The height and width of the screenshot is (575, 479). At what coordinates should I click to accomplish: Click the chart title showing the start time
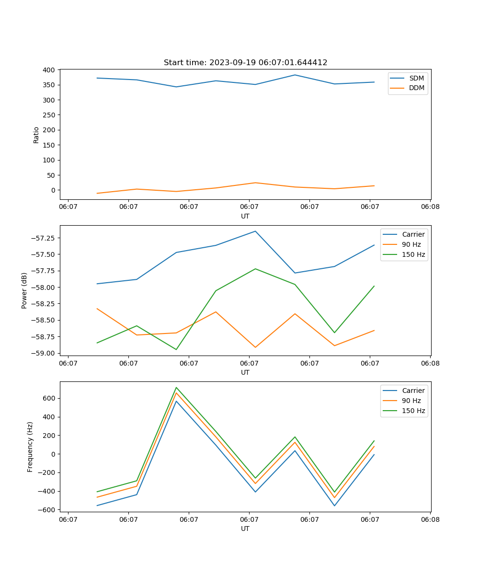[x=245, y=63]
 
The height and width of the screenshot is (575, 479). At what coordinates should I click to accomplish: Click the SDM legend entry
[x=416, y=78]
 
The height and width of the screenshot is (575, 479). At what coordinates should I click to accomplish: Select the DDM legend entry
[x=416, y=88]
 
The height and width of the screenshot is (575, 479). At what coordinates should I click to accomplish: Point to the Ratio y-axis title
[x=36, y=135]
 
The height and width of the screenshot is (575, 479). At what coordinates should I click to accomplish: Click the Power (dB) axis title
[x=24, y=290]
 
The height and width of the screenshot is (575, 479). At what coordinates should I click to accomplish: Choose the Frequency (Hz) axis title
[x=30, y=447]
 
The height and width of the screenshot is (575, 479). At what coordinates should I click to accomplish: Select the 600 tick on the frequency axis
[x=49, y=398]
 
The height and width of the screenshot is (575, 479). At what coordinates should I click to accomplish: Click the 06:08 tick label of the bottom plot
[x=430, y=519]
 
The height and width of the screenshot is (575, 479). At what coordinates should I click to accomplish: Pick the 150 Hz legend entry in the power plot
[x=413, y=254]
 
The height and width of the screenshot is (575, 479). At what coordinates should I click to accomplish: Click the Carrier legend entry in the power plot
[x=413, y=234]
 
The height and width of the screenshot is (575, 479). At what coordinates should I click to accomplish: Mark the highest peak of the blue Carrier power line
[x=255, y=231]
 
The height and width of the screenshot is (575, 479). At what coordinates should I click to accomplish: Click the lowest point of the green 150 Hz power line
[x=176, y=349]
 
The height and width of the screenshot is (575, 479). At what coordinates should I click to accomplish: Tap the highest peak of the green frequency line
[x=176, y=387]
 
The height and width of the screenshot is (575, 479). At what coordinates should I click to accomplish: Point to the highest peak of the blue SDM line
[x=295, y=75]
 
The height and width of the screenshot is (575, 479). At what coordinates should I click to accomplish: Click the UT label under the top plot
[x=245, y=216]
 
